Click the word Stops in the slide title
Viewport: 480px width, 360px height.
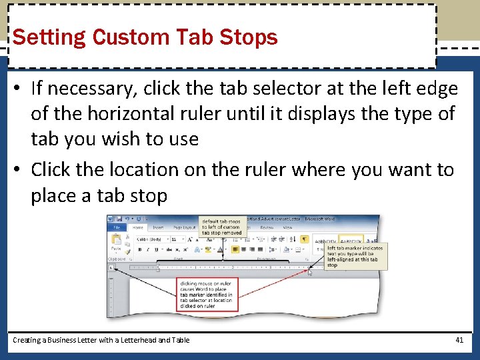252,37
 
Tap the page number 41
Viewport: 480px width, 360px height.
459,340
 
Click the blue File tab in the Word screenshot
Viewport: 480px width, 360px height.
116,227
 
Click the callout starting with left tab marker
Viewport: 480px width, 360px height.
355,256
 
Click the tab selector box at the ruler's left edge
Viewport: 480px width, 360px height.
112,268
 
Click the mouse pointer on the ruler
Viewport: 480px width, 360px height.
310,272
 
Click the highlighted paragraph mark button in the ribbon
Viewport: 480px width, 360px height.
304,239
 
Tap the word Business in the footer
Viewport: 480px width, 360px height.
61,340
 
